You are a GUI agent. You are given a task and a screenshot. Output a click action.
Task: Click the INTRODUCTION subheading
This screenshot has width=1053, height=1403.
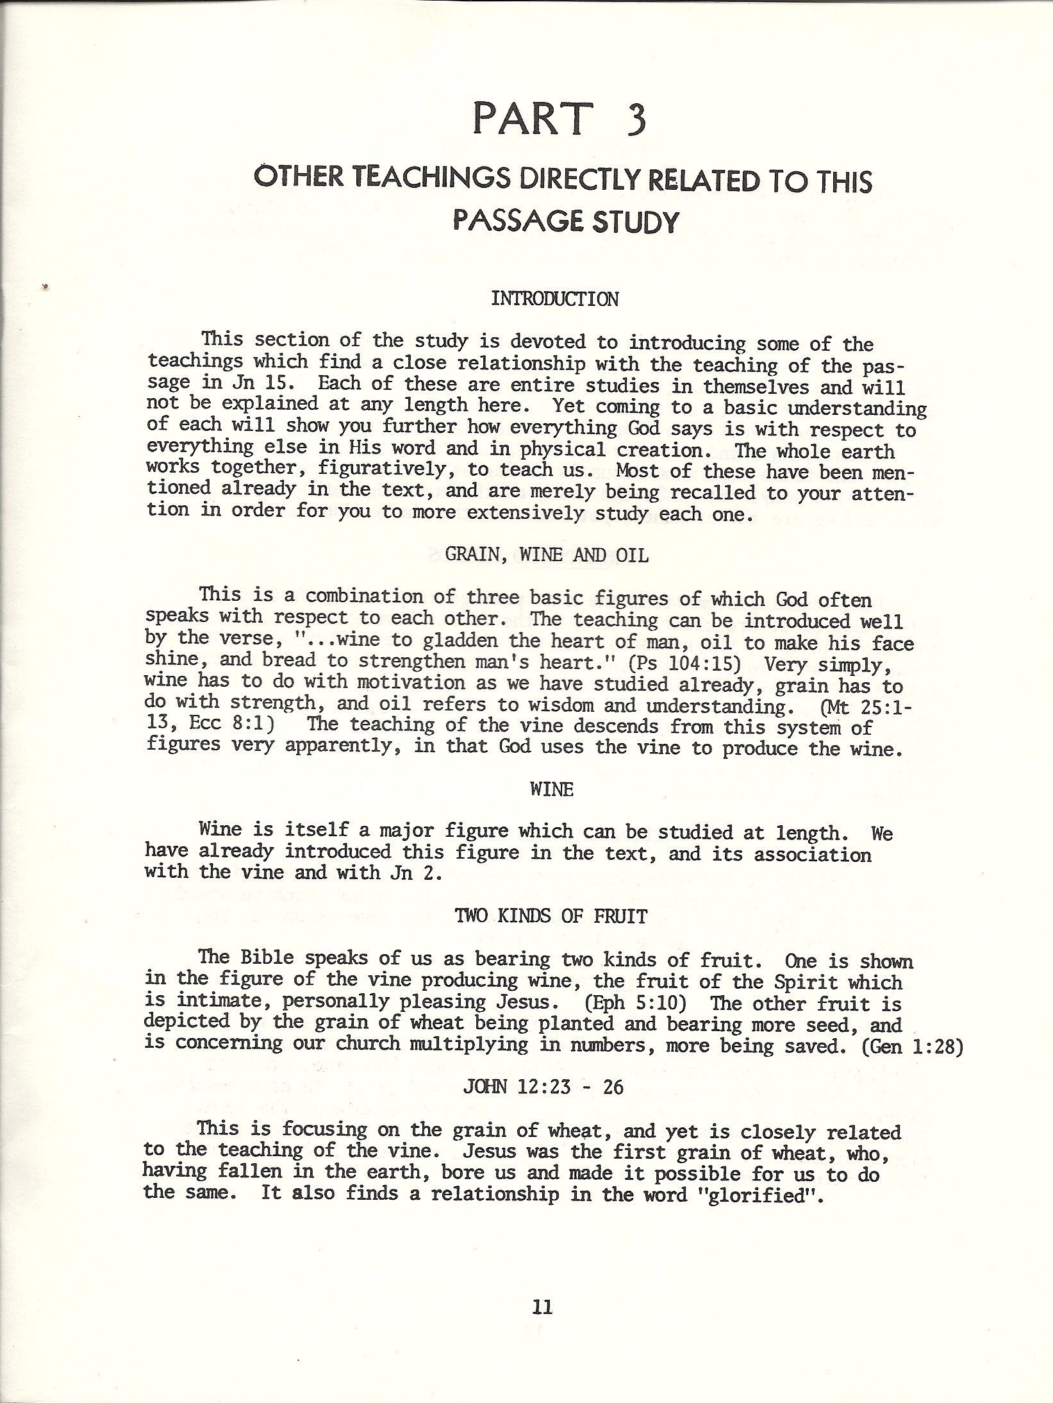click(554, 299)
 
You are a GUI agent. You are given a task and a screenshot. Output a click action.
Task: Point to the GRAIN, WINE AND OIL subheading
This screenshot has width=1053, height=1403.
click(547, 555)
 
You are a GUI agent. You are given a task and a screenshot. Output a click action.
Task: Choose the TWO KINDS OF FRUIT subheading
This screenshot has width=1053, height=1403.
click(551, 916)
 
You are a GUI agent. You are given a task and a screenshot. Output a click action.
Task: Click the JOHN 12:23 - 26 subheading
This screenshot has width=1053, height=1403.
click(542, 1088)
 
